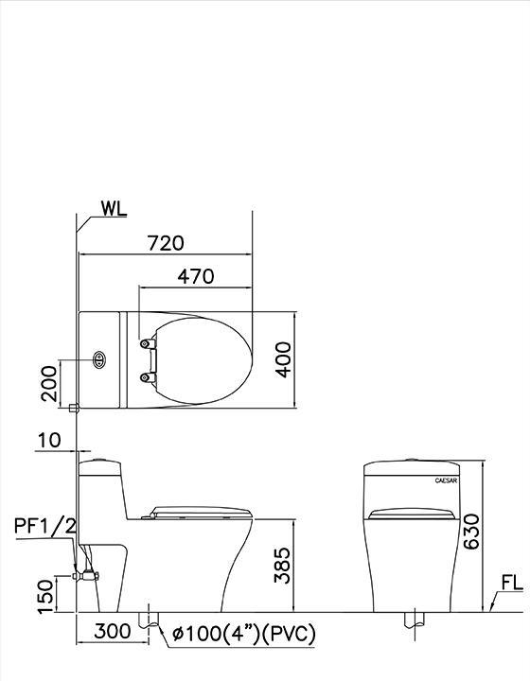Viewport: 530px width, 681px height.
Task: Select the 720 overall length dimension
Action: (x=166, y=243)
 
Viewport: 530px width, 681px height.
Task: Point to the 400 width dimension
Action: (x=281, y=359)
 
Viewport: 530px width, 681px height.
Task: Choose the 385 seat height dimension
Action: (x=281, y=565)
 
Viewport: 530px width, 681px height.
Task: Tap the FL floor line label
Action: (x=511, y=585)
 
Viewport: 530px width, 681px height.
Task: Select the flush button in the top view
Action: (x=99, y=360)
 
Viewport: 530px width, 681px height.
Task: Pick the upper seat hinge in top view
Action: (x=145, y=343)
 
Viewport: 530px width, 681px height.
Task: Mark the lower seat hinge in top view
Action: (x=145, y=376)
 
